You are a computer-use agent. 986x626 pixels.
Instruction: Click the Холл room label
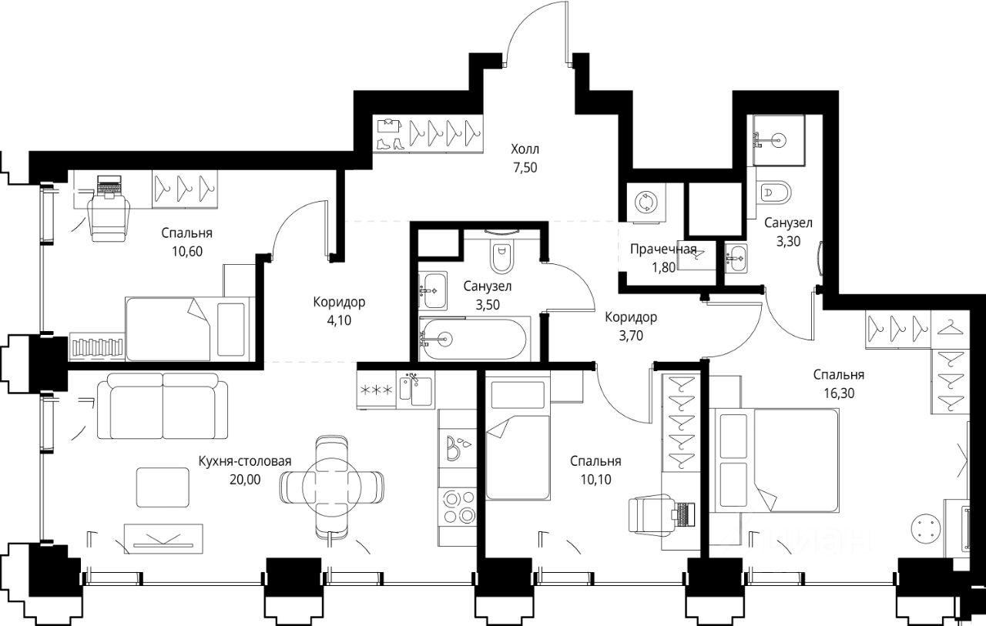coord(525,149)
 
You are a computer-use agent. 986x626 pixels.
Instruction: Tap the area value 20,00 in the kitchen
coord(245,480)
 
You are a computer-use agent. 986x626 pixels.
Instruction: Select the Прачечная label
coord(663,249)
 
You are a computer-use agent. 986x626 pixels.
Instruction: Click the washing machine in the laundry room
coord(646,204)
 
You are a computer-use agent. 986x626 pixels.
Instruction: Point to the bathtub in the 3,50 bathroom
coord(474,339)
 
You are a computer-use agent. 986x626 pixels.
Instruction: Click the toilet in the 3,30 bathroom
coord(776,192)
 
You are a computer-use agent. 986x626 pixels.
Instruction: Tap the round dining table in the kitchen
coord(331,487)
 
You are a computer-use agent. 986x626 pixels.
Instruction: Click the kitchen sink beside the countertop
coord(415,390)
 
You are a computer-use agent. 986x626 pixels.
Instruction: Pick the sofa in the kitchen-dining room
coord(163,406)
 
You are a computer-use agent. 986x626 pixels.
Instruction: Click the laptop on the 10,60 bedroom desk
coord(108,185)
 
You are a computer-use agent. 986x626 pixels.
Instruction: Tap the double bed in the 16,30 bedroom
coord(777,460)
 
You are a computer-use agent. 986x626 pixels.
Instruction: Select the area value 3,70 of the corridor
coord(631,336)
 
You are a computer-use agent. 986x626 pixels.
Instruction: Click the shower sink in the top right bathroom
coord(779,140)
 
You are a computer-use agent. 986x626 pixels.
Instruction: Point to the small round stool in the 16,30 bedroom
coord(926,528)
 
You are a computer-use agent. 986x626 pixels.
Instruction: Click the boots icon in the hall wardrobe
coord(391,143)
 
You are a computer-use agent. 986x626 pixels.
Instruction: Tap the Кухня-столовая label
coord(245,461)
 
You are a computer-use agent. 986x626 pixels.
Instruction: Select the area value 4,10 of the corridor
coord(339,320)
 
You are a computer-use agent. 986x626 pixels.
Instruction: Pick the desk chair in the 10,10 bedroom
coord(652,514)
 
